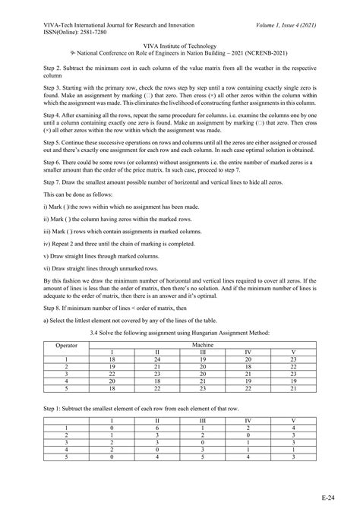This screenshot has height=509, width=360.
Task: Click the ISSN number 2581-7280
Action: (81, 19)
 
